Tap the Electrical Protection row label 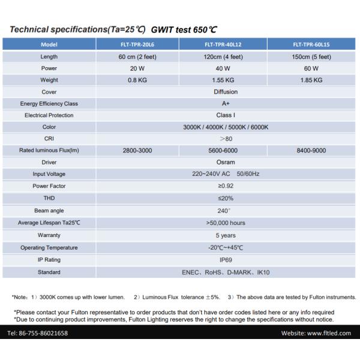point(49,115)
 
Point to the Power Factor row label point(49,186)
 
